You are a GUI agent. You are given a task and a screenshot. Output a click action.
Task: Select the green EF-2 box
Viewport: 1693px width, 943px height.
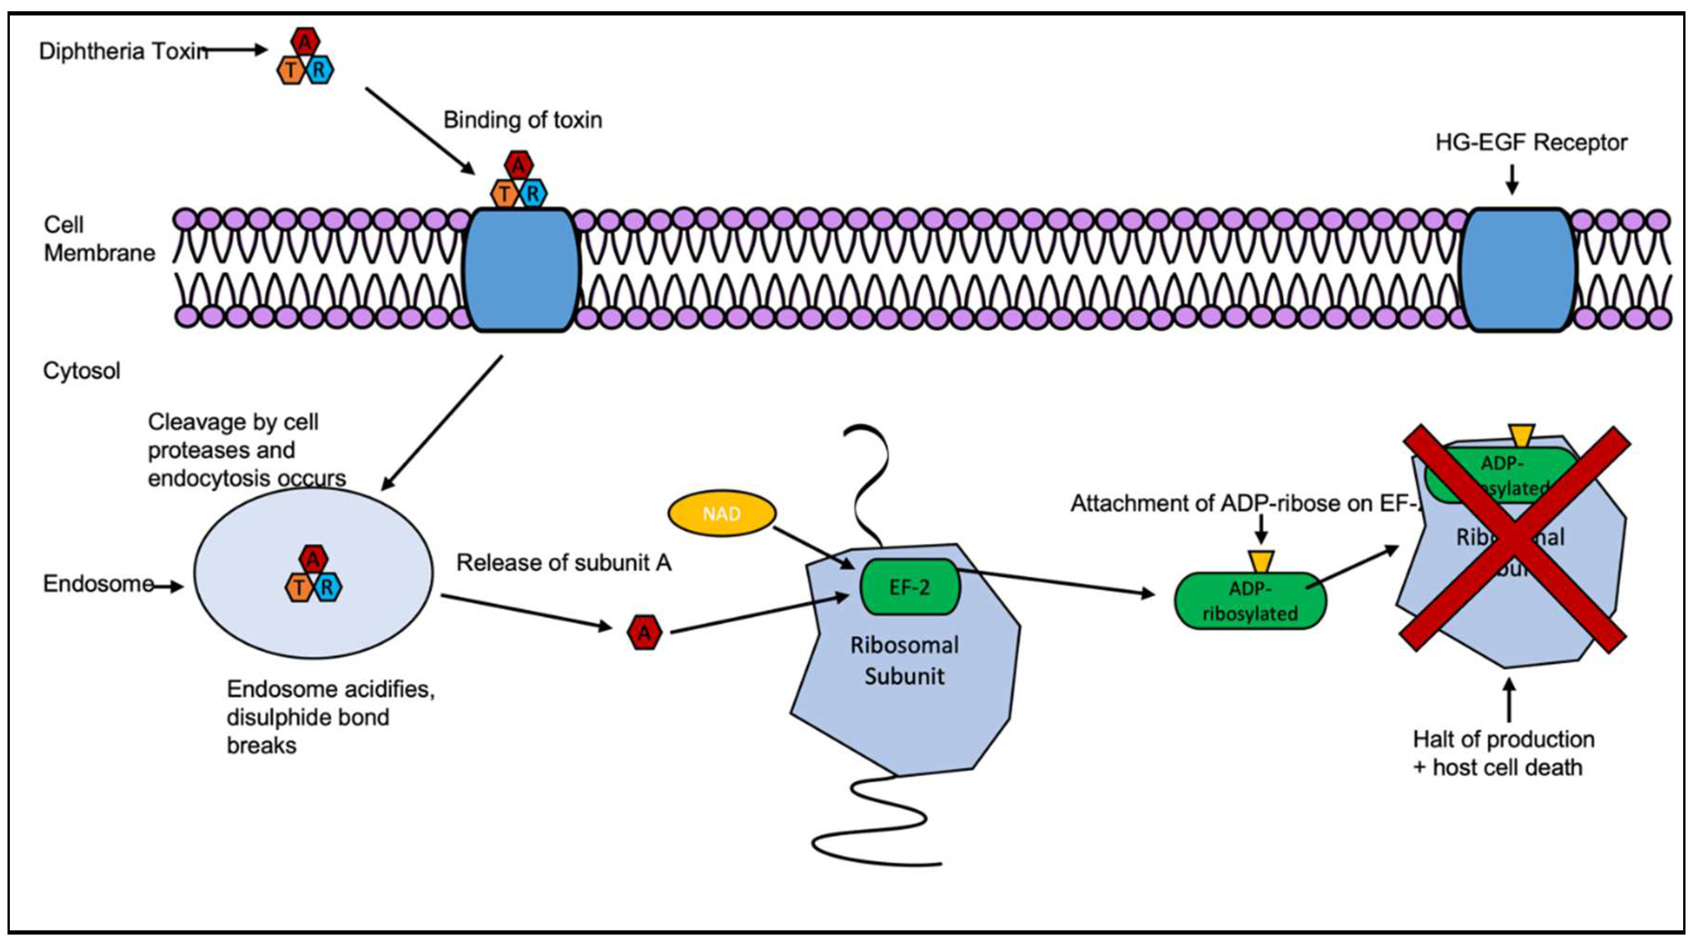[910, 587]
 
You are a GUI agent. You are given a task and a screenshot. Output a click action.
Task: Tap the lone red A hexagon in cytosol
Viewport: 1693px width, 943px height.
[644, 632]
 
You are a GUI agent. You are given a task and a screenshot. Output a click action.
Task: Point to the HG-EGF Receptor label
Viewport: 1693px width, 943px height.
[1531, 142]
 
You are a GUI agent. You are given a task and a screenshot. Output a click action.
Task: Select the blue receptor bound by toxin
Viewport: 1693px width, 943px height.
[521, 270]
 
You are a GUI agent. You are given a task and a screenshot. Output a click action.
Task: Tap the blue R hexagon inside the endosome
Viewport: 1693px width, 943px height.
[327, 587]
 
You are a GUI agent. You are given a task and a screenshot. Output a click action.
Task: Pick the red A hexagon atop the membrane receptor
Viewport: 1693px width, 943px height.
[518, 165]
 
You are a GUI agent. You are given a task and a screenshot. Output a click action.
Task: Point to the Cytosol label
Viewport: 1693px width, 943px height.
[82, 371]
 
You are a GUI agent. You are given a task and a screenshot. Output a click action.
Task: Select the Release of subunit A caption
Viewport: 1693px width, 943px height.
[564, 562]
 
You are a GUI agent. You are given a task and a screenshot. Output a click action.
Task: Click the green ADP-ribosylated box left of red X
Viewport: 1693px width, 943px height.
[1250, 601]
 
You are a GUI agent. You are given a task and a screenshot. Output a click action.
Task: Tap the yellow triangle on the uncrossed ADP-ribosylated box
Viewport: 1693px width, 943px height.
[1262, 561]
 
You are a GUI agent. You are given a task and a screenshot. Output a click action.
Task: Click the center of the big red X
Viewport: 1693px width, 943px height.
[1515, 539]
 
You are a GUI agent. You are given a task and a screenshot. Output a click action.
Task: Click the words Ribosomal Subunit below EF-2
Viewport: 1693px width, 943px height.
[904, 660]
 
